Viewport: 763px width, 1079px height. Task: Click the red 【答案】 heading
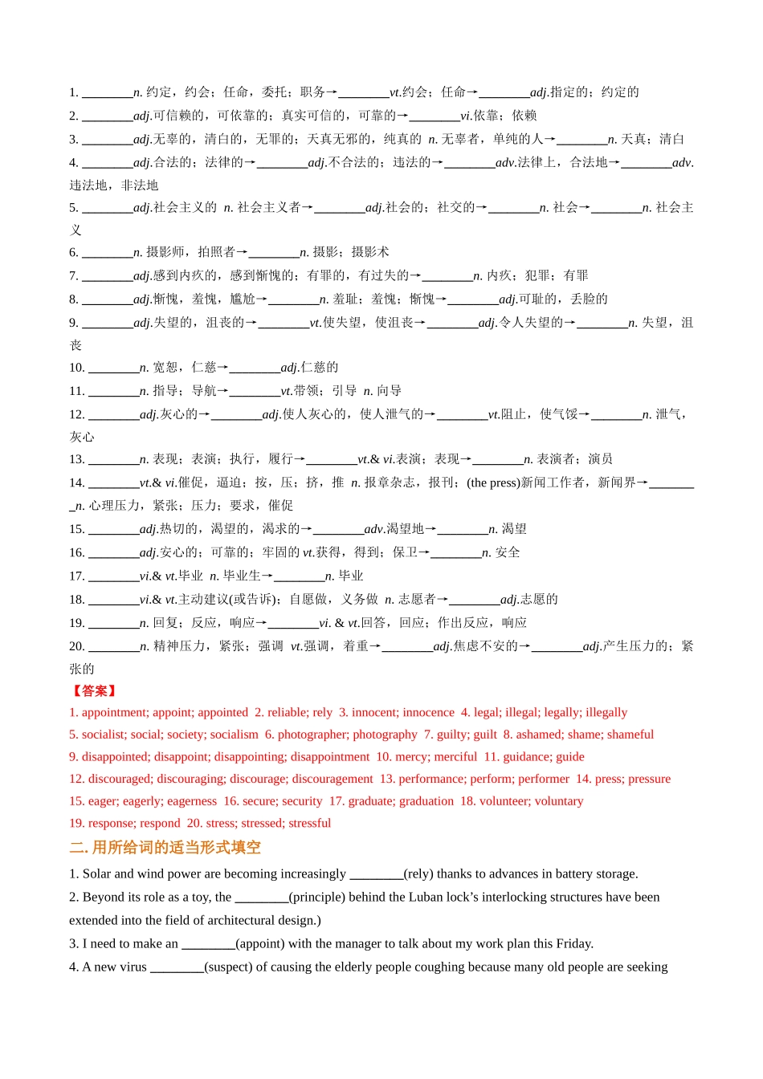(x=94, y=690)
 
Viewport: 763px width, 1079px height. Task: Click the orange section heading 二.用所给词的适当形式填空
(x=165, y=848)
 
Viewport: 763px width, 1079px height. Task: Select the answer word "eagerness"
(x=192, y=801)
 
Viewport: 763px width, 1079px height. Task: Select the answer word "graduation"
(x=426, y=801)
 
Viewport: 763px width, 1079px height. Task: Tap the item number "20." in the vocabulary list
(x=77, y=646)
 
